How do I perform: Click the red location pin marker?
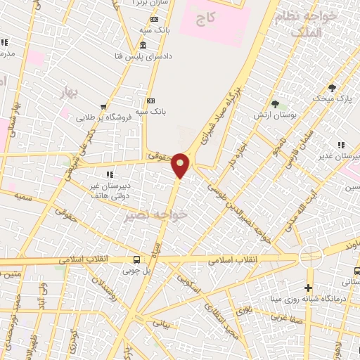coord(181,165)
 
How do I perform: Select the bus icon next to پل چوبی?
coord(136,258)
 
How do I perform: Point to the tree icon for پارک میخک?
coord(332,88)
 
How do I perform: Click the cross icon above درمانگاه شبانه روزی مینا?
coord(308,288)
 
